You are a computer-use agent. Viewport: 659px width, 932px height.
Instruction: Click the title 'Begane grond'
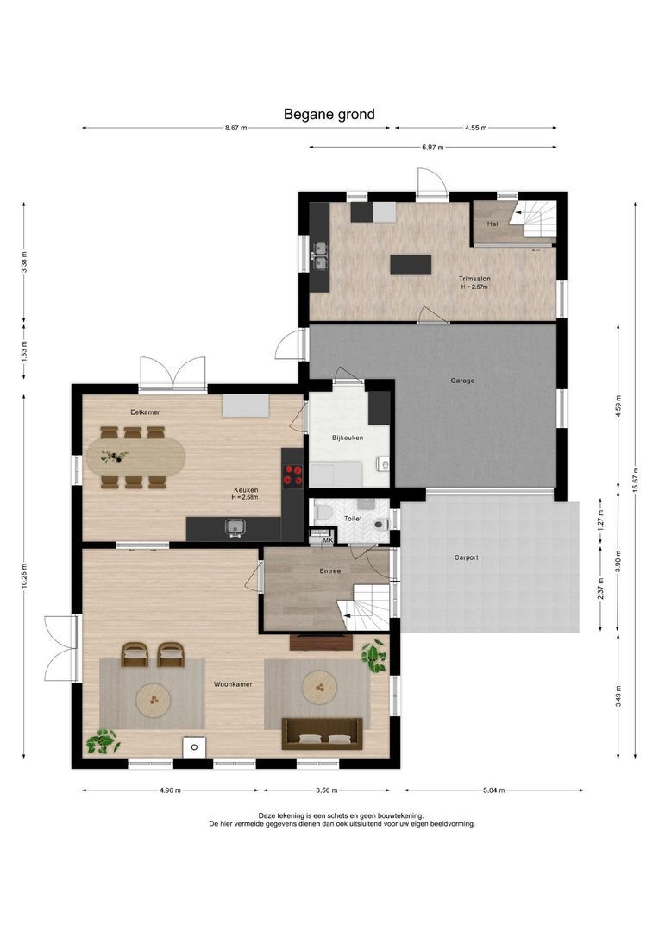coord(329,114)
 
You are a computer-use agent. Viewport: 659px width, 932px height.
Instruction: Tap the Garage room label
coord(462,381)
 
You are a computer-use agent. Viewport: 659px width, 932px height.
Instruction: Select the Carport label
coord(466,557)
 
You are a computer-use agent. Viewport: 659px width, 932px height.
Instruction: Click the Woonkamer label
coord(233,684)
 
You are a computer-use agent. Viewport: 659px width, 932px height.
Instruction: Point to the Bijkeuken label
coord(348,438)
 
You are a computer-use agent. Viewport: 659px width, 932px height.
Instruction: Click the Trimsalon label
coord(474,278)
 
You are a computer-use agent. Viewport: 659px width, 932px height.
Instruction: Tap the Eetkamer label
coord(145,412)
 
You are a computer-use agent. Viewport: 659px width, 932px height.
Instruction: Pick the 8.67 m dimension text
coord(235,128)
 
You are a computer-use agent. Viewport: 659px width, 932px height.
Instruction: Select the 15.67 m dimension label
coord(635,478)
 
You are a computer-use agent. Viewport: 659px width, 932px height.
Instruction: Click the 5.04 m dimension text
coord(493,790)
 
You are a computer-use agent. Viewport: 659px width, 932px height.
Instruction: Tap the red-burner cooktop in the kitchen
coord(292,475)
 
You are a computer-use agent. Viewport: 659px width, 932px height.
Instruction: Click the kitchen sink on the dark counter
coord(235,527)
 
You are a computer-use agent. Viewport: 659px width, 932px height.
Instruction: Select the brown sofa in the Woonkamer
coord(322,734)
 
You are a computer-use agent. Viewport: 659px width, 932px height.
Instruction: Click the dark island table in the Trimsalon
coord(411,265)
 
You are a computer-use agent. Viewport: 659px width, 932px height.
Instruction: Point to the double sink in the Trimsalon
coord(321,255)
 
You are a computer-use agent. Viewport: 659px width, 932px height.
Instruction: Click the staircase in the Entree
coord(364,607)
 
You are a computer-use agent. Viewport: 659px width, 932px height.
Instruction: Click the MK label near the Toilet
coord(328,540)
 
